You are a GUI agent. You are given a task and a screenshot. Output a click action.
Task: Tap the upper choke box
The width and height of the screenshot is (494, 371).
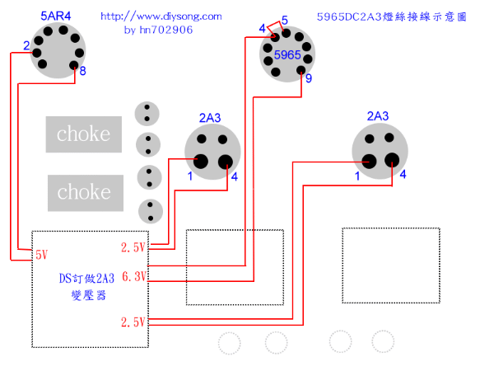tap(83, 134)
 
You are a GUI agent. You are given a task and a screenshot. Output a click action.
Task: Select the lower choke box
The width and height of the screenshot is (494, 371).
tap(83, 192)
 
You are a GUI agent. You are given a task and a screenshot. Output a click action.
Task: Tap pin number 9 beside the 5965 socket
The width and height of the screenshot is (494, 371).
tap(309, 79)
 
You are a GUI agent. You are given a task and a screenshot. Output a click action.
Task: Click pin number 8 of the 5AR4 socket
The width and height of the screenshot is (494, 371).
tap(82, 71)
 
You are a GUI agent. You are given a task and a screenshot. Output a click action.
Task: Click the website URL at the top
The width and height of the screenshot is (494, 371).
tap(161, 16)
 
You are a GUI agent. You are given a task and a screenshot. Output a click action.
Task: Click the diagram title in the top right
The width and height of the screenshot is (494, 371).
tap(390, 16)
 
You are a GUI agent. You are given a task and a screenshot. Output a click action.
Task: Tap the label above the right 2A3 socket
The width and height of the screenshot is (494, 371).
tap(378, 115)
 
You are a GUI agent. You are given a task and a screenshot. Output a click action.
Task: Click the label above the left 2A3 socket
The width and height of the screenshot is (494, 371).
tap(210, 118)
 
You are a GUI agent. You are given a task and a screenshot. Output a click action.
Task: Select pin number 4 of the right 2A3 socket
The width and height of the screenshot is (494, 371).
tap(403, 175)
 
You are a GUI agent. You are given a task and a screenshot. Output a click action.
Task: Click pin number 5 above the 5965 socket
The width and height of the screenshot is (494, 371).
tap(284, 20)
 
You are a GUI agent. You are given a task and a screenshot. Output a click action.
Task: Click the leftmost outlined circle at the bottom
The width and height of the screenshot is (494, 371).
tap(230, 342)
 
